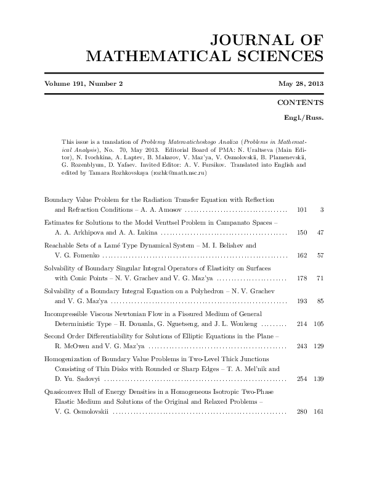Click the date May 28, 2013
pos(301,84)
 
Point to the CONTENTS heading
pos(301,102)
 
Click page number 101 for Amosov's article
pos(302,210)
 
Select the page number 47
pos(320,232)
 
